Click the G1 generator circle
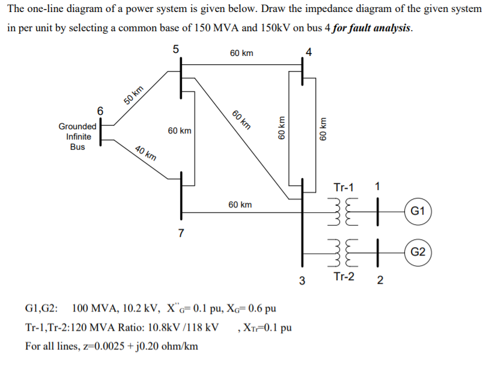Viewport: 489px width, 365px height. pyautogui.click(x=419, y=211)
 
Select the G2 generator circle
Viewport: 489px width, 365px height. pyautogui.click(x=419, y=251)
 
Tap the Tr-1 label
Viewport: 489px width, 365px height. pyautogui.click(x=344, y=187)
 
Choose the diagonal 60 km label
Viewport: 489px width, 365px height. pyautogui.click(x=241, y=120)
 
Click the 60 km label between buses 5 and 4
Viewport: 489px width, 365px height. pyautogui.click(x=241, y=54)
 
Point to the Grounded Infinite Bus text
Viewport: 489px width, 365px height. pyautogui.click(x=77, y=136)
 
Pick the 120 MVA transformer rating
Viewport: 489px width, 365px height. pyautogui.click(x=97, y=328)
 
